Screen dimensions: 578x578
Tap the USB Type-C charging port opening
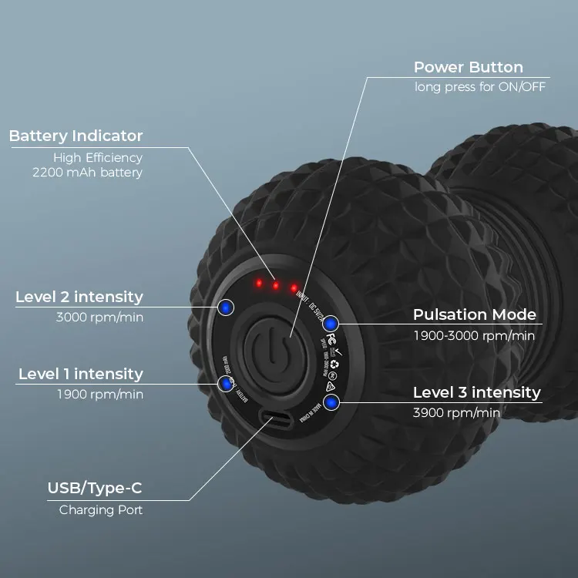click(276, 421)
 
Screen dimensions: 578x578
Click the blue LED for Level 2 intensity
click(225, 307)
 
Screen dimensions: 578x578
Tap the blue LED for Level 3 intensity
click(331, 402)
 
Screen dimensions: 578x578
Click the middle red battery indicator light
click(275, 286)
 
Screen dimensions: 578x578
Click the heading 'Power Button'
click(468, 67)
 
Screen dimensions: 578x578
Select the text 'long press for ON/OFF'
click(479, 86)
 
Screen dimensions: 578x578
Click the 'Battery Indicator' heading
click(76, 136)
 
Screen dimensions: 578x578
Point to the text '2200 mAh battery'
click(87, 173)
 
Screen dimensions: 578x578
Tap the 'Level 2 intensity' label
click(79, 297)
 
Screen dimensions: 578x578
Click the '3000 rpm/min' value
click(99, 317)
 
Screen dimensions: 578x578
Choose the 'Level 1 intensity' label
click(80, 374)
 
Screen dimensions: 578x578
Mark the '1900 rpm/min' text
click(99, 394)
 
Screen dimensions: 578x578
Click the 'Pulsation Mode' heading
click(474, 314)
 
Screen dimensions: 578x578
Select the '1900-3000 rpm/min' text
click(474, 335)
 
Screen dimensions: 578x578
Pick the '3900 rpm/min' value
click(456, 413)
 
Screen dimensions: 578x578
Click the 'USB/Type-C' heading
click(95, 488)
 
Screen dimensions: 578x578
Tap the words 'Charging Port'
click(101, 509)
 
